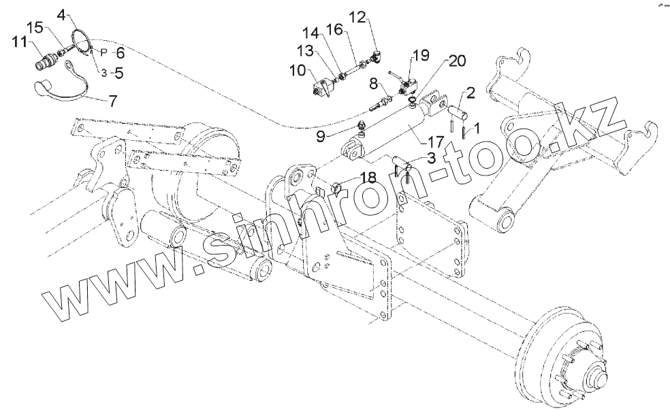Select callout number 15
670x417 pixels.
(x=34, y=27)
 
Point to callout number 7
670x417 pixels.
(x=112, y=99)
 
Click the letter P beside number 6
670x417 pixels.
(x=103, y=52)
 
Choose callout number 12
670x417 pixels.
(x=358, y=16)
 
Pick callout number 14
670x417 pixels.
(x=310, y=33)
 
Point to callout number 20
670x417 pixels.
(x=458, y=61)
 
